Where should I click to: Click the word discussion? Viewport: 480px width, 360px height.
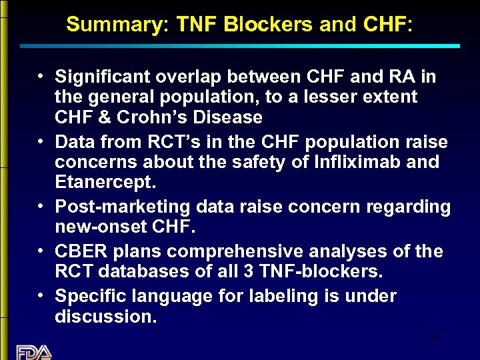coord(105,317)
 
